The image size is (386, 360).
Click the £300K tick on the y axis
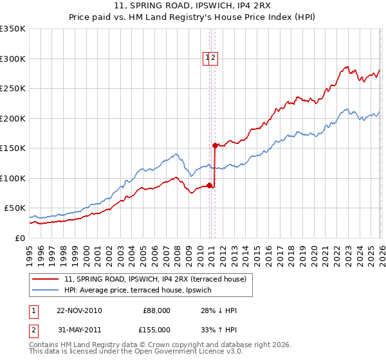click(x=13, y=59)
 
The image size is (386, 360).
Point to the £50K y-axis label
click(x=15, y=208)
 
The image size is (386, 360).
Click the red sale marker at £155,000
click(x=215, y=145)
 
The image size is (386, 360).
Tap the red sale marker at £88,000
click(x=209, y=185)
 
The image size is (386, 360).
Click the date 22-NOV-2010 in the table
click(x=79, y=310)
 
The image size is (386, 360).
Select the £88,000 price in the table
click(x=156, y=310)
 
